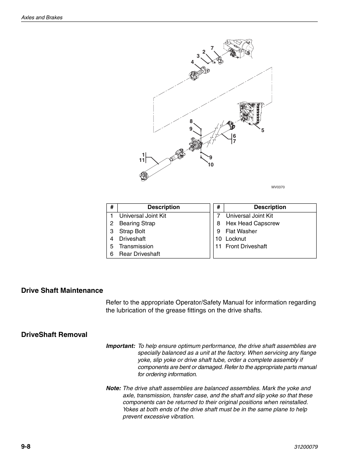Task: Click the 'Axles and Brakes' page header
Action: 42,17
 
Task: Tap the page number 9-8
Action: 26,447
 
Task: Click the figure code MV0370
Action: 278,187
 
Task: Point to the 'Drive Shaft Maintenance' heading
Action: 62,290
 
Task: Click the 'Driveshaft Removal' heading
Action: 54,335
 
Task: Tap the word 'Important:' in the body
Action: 120,346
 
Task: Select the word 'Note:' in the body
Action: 113,388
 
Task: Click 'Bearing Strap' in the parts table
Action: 137,223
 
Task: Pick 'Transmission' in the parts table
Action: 136,246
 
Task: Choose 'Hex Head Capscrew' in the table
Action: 252,223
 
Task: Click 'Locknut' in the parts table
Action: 235,239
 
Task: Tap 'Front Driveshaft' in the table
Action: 246,246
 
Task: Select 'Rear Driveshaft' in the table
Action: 139,254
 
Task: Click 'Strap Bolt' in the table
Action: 132,231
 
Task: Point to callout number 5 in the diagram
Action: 263,131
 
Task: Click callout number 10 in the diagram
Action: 211,165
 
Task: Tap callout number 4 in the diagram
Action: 192,62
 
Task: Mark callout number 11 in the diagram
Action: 142,160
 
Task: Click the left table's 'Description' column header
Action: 163,207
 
